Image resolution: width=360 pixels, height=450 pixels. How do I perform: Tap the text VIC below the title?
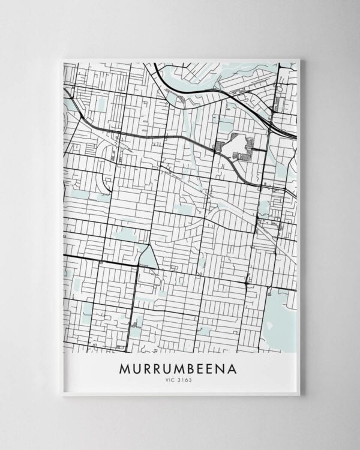[x=170, y=380]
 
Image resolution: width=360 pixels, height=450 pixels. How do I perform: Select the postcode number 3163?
[x=184, y=380]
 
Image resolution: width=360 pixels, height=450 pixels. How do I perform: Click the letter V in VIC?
[x=167, y=380]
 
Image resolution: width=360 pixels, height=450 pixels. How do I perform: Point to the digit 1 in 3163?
[x=182, y=380]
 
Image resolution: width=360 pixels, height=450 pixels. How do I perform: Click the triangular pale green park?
[x=148, y=260]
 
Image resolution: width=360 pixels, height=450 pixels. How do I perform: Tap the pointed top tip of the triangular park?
[x=147, y=245]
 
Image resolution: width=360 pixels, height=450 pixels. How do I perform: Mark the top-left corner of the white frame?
[x=62, y=58]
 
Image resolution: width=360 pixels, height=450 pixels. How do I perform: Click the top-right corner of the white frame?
[x=301, y=58]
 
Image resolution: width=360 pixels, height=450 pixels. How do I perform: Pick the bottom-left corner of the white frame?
[x=62, y=395]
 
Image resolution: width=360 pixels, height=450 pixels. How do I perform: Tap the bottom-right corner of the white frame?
[x=301, y=395]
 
